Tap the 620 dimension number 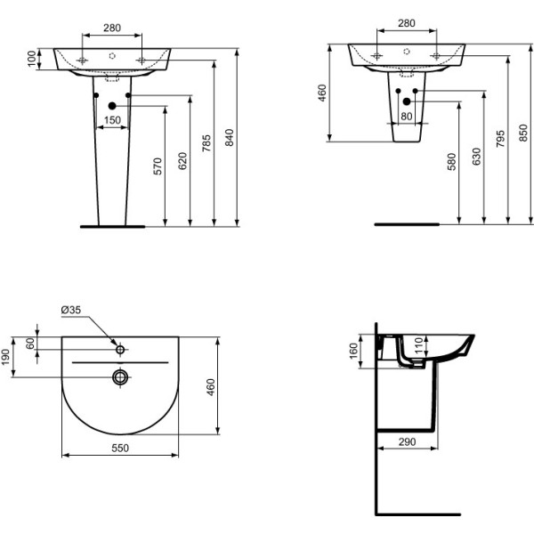pos(182,161)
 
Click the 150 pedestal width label pos(112,119)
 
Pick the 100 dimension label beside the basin pos(33,59)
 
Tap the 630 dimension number pos(476,158)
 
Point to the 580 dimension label pos(452,162)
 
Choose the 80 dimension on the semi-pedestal pos(407,116)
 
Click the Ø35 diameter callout pos(71,310)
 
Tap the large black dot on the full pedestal pos(112,107)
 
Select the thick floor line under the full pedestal pos(112,227)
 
